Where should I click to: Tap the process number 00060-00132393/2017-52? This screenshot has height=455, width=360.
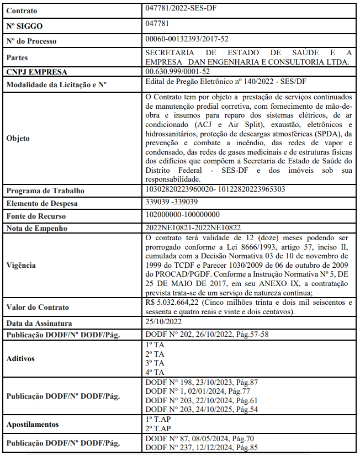pos(187,39)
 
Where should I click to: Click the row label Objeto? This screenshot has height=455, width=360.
pos(18,138)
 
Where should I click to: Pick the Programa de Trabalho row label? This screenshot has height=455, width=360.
pos(45,191)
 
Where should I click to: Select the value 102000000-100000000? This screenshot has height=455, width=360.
pos(182,214)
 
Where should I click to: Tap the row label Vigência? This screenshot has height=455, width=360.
pos(21,265)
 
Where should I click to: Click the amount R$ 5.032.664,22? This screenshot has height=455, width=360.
pos(171,302)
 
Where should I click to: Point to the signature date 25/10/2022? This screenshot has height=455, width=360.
pos(163,321)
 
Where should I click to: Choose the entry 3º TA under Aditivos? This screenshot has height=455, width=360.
pos(155,363)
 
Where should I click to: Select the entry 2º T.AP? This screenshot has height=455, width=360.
pos(157,428)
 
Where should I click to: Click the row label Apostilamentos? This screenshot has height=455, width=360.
pos(33,425)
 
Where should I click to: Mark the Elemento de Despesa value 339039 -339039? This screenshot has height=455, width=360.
pos(172,202)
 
